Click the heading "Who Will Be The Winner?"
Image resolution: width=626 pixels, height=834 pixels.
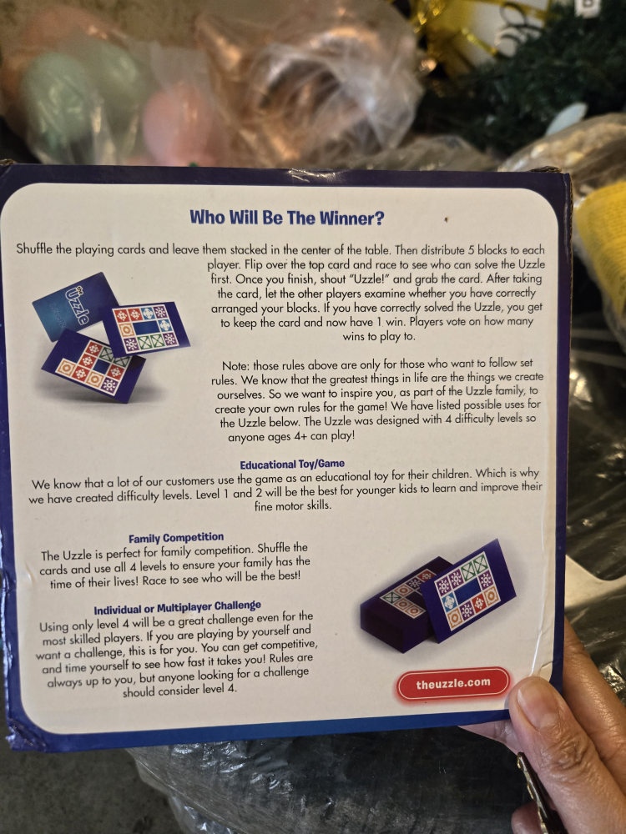click(286, 218)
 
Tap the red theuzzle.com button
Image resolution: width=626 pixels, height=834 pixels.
click(453, 684)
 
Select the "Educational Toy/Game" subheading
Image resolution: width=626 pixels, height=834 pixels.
click(292, 465)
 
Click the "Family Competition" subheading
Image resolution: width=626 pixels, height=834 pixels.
click(176, 538)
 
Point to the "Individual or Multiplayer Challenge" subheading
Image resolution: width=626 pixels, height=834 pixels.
click(177, 607)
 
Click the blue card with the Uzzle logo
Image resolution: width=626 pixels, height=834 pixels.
click(75, 306)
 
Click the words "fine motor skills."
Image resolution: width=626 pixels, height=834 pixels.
click(293, 505)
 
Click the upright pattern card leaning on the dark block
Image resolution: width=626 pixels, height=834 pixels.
click(468, 590)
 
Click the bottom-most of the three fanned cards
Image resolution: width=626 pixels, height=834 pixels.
click(93, 365)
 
